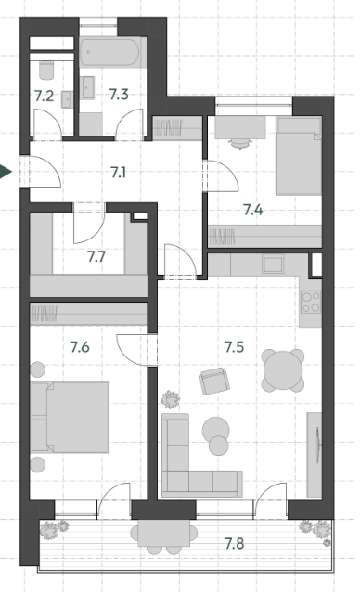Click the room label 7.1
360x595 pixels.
pyautogui.click(x=119, y=173)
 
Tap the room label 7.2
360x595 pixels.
pyautogui.click(x=44, y=97)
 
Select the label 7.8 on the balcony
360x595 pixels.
pyautogui.click(x=235, y=544)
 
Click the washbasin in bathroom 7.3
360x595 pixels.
pyautogui.click(x=88, y=87)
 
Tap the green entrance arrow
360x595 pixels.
pyautogui.click(x=6, y=172)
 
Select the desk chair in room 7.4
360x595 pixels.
pyautogui.click(x=240, y=144)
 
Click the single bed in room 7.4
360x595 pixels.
pyautogui.click(x=299, y=156)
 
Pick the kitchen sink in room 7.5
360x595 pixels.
pyautogui.click(x=273, y=264)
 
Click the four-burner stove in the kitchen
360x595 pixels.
pyautogui.click(x=311, y=302)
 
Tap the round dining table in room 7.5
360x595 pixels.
pyautogui.click(x=283, y=370)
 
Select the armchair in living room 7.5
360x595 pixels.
pyautogui.click(x=214, y=381)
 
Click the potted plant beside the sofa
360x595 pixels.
pyautogui.click(x=171, y=399)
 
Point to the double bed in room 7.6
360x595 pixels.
pyautogui.click(x=71, y=417)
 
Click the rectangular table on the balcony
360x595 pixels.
pyautogui.click(x=164, y=533)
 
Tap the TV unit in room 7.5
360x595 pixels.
pyautogui.click(x=315, y=455)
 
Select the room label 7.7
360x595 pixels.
pyautogui.click(x=96, y=257)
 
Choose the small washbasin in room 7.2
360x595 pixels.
pyautogui.click(x=67, y=99)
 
